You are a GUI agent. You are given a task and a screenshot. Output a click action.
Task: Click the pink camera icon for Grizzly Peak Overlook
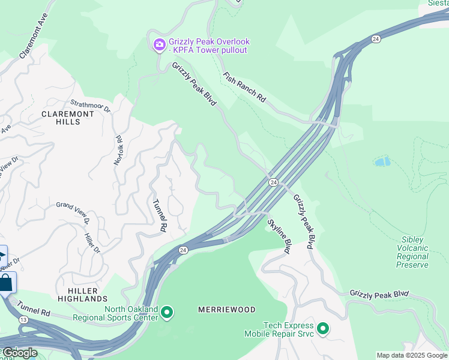pos(159,44)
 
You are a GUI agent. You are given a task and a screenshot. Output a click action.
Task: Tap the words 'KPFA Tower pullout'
pos(208,50)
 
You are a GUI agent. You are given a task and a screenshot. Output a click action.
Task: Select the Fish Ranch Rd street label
pos(244,86)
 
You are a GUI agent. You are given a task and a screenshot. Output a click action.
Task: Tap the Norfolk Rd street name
pos(118,149)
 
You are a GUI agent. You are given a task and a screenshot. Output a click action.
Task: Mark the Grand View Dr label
pos(73,213)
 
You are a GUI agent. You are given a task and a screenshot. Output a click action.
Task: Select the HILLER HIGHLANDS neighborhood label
pos(83,294)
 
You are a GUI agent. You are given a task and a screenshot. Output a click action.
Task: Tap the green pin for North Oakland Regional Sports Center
pos(167,313)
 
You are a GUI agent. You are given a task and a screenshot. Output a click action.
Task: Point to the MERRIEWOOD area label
pos(227,310)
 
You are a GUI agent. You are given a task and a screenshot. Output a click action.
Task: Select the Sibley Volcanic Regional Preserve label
pos(414,252)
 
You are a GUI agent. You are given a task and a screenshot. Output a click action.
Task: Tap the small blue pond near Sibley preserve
pos(382,161)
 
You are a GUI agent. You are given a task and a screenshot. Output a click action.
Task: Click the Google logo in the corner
pos(20,353)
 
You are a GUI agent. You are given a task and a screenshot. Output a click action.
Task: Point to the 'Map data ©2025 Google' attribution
pos(412,355)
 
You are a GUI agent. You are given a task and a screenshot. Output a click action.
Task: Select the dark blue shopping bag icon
pos(6,283)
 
